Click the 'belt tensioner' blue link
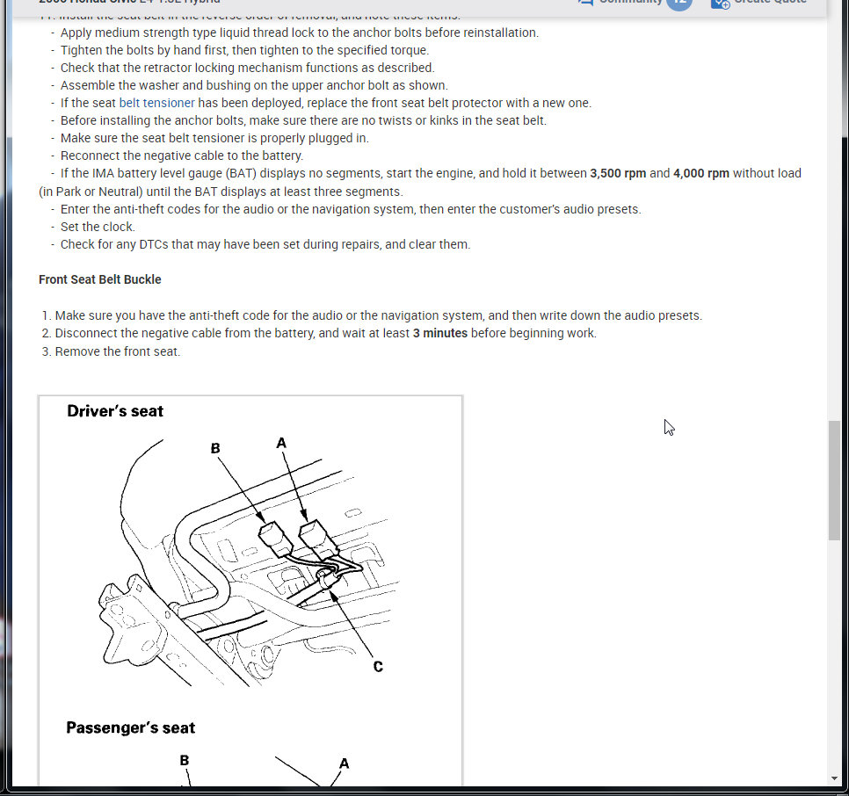point(156,103)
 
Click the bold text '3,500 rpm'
point(617,173)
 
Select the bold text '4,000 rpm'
point(700,173)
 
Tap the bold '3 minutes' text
point(439,333)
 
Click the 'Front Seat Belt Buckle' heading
point(100,279)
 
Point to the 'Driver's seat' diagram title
point(115,410)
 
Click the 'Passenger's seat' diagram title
point(130,727)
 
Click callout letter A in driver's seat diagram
point(281,443)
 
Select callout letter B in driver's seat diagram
point(215,448)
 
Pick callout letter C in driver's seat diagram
point(378,667)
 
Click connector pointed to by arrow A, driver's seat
point(314,536)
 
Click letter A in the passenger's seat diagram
point(344,763)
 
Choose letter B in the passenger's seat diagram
point(184,760)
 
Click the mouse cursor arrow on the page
point(669,427)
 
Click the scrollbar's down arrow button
point(834,778)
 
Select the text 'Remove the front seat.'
point(117,351)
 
